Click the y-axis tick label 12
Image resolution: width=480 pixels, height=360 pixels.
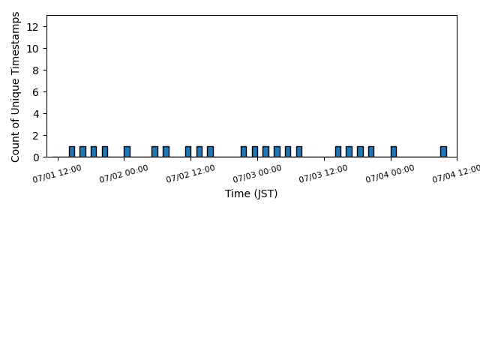pyautogui.click(x=32, y=27)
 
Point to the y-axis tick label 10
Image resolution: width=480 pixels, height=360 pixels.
pyautogui.click(x=32, y=49)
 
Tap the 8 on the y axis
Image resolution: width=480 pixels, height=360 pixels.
pyautogui.click(x=35, y=70)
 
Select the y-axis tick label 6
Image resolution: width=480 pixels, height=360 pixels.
pyautogui.click(x=35, y=92)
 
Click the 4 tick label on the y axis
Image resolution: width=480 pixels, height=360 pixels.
pyautogui.click(x=35, y=114)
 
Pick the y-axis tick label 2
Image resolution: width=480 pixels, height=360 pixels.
pyautogui.click(x=35, y=136)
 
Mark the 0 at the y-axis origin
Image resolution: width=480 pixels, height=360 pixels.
pyautogui.click(x=35, y=157)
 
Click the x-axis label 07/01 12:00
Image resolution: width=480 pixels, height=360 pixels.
pyautogui.click(x=57, y=173)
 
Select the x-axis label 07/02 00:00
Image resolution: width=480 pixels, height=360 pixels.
pyautogui.click(x=124, y=173)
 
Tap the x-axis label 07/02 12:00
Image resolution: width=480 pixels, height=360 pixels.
pyautogui.click(x=190, y=173)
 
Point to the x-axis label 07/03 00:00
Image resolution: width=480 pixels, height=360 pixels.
pyautogui.click(x=257, y=173)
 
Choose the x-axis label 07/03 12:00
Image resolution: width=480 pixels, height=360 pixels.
pyautogui.click(x=323, y=173)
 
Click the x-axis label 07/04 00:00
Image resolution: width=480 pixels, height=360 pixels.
pyautogui.click(x=390, y=173)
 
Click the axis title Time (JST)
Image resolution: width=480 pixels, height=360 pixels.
pyautogui.click(x=251, y=193)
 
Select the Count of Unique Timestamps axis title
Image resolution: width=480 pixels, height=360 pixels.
pyautogui.click(x=15, y=87)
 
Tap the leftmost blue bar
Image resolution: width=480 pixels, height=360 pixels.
pyautogui.click(x=72, y=151)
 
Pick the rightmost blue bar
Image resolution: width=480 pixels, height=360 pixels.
pyautogui.click(x=443, y=151)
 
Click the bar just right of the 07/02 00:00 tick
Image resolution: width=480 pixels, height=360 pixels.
pyautogui.click(x=127, y=151)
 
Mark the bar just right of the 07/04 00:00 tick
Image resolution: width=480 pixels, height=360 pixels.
pyautogui.click(x=394, y=151)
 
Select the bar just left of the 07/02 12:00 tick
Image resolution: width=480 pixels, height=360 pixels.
pyautogui.click(x=188, y=151)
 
